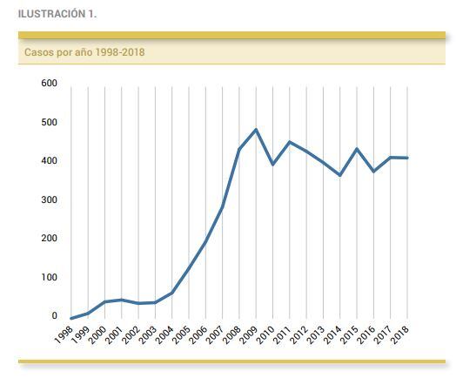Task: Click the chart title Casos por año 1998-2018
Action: [84, 52]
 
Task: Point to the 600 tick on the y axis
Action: [49, 84]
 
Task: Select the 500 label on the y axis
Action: [49, 122]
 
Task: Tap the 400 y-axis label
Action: [49, 161]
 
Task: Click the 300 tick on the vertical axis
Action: [49, 199]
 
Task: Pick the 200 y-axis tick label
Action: [49, 239]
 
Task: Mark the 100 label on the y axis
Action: [49, 277]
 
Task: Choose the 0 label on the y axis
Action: [54, 316]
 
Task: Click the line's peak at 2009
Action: [256, 130]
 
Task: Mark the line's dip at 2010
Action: [272, 165]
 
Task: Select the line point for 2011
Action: [290, 142]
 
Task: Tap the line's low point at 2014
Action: [340, 175]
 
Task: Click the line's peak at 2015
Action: [357, 149]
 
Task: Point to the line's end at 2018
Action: [407, 158]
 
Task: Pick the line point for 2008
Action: [239, 149]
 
